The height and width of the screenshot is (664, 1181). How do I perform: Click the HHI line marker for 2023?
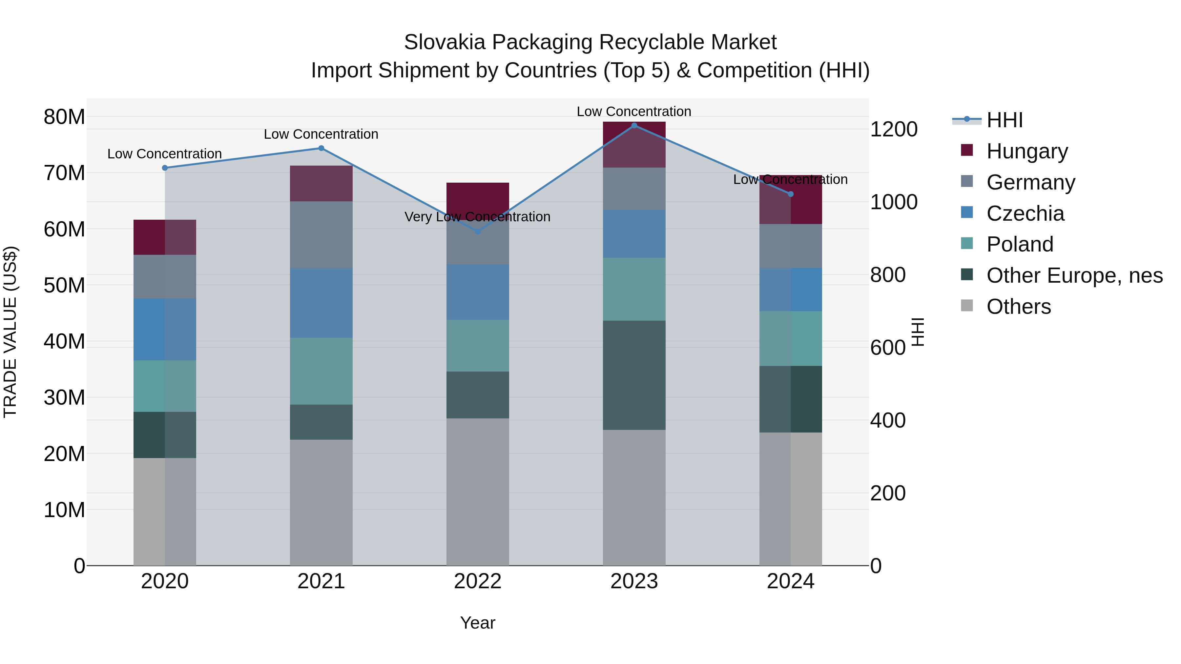coord(634,126)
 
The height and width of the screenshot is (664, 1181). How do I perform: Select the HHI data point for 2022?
coord(478,232)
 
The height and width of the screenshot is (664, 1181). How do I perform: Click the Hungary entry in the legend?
coord(1027,151)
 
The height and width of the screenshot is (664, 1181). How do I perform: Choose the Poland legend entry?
coord(1020,244)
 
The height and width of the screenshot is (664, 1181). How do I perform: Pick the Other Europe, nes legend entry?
coord(1074,275)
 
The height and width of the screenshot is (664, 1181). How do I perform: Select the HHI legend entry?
coord(1004,120)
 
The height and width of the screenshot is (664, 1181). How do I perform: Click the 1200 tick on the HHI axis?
coord(894,129)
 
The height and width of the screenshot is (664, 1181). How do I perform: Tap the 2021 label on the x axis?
coord(321,581)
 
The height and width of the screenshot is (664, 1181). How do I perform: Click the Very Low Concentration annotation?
coord(477,217)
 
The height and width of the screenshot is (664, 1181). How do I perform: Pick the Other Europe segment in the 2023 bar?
coord(634,375)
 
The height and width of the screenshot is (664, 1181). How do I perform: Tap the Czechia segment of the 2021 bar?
coord(321,302)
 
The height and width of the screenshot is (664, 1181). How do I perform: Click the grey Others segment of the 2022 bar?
coord(478,491)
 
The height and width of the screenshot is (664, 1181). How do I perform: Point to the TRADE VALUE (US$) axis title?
coord(10,332)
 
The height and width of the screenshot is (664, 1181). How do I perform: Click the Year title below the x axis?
coord(478,623)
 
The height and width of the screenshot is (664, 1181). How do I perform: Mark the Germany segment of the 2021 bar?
coord(321,234)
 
